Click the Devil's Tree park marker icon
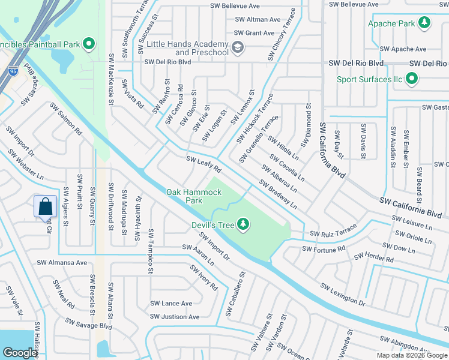(243, 224)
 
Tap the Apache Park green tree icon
(424, 23)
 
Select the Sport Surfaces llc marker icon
(412, 79)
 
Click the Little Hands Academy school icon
(237, 47)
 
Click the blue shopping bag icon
(46, 207)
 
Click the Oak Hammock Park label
(194, 196)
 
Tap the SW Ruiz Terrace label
(333, 232)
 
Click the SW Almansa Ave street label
(62, 263)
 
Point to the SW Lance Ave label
(171, 304)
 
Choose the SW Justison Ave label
(175, 317)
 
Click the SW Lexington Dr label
(342, 294)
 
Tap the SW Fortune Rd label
(324, 248)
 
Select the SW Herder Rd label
(373, 258)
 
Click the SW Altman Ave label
(256, 19)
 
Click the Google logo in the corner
(20, 353)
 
